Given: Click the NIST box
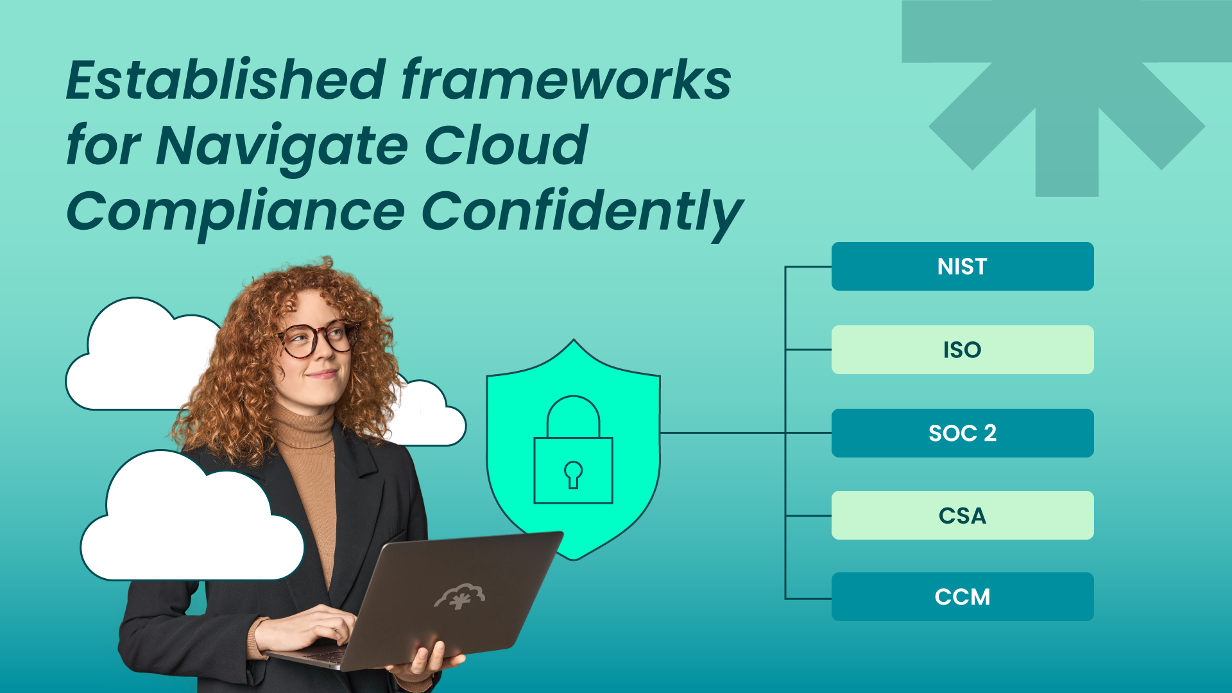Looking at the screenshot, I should pyautogui.click(x=963, y=266).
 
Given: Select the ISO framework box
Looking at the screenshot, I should pyautogui.click(x=963, y=350).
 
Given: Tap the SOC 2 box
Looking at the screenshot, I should pyautogui.click(x=963, y=433).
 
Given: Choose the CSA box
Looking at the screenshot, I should pyautogui.click(x=963, y=515).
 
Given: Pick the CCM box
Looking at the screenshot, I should pyautogui.click(x=963, y=597).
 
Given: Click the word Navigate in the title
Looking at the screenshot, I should pyautogui.click(x=282, y=146).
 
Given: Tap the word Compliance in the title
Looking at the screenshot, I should pyautogui.click(x=235, y=212).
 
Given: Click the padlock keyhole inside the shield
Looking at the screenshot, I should pyautogui.click(x=573, y=474).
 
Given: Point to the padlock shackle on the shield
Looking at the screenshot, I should pyautogui.click(x=573, y=414).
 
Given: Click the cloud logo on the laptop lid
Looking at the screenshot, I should pyautogui.click(x=460, y=596).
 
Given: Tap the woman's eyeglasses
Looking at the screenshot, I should pyautogui.click(x=318, y=339).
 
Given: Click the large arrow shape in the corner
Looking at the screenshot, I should pyautogui.click(x=1066, y=96).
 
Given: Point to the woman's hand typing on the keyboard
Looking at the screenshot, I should pyautogui.click(x=314, y=626).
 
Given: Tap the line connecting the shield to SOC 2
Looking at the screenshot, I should pyautogui.click(x=722, y=433).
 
